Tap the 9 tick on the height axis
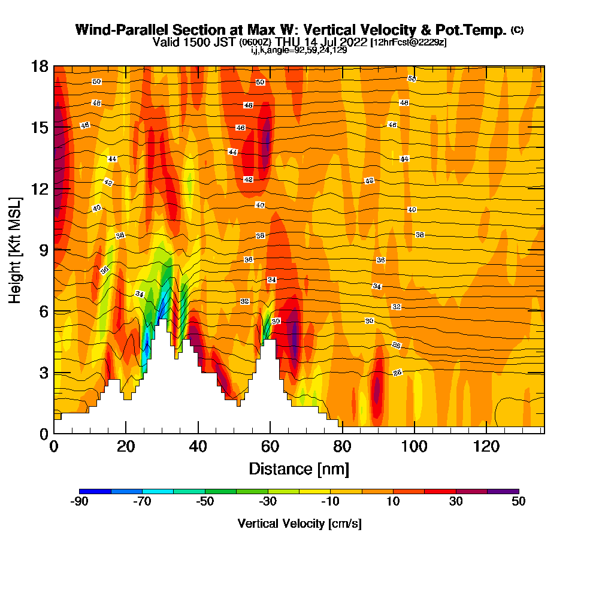pyautogui.click(x=43, y=250)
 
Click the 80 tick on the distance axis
pyautogui.click(x=342, y=446)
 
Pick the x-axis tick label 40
pyautogui.click(x=198, y=446)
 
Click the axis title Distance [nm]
pyautogui.click(x=299, y=468)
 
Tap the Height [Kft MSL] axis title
pyautogui.click(x=16, y=249)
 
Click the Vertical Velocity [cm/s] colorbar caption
pyautogui.click(x=299, y=524)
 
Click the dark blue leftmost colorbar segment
pyautogui.click(x=95, y=491)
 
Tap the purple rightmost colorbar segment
pyautogui.click(x=503, y=491)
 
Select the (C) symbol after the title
pyautogui.click(x=517, y=30)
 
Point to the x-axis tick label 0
pyautogui.click(x=54, y=446)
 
